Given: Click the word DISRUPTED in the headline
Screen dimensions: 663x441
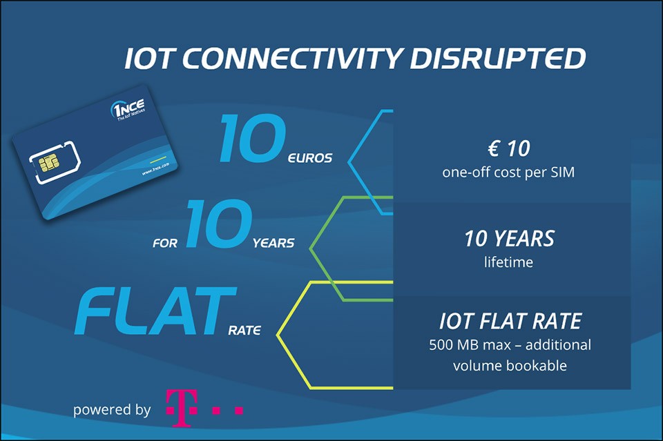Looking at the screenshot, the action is click(498, 58).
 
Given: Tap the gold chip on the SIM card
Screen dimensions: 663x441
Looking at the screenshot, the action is click(48, 164).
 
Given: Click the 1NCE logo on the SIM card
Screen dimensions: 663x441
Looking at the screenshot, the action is click(128, 110).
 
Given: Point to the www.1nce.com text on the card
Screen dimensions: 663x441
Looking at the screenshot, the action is click(155, 168).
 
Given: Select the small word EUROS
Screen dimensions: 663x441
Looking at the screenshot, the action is click(310, 159).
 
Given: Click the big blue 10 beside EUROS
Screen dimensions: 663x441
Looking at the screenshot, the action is click(253, 139).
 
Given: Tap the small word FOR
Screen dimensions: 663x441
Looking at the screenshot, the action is click(165, 244).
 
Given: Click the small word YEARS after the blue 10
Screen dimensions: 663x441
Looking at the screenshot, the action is click(273, 243).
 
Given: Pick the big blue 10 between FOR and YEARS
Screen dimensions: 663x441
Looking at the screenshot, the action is click(219, 223).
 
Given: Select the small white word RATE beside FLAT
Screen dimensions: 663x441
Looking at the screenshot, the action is click(244, 330).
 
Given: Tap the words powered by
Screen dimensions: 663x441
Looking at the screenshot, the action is click(112, 410).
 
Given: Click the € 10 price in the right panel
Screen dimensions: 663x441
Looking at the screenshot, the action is click(509, 148).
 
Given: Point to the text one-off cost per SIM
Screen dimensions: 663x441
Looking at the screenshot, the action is click(509, 173).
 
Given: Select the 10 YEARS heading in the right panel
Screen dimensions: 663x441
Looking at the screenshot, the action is click(509, 239).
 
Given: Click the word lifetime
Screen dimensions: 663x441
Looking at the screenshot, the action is click(509, 262).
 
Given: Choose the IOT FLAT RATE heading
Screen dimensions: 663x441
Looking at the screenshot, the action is click(510, 322).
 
